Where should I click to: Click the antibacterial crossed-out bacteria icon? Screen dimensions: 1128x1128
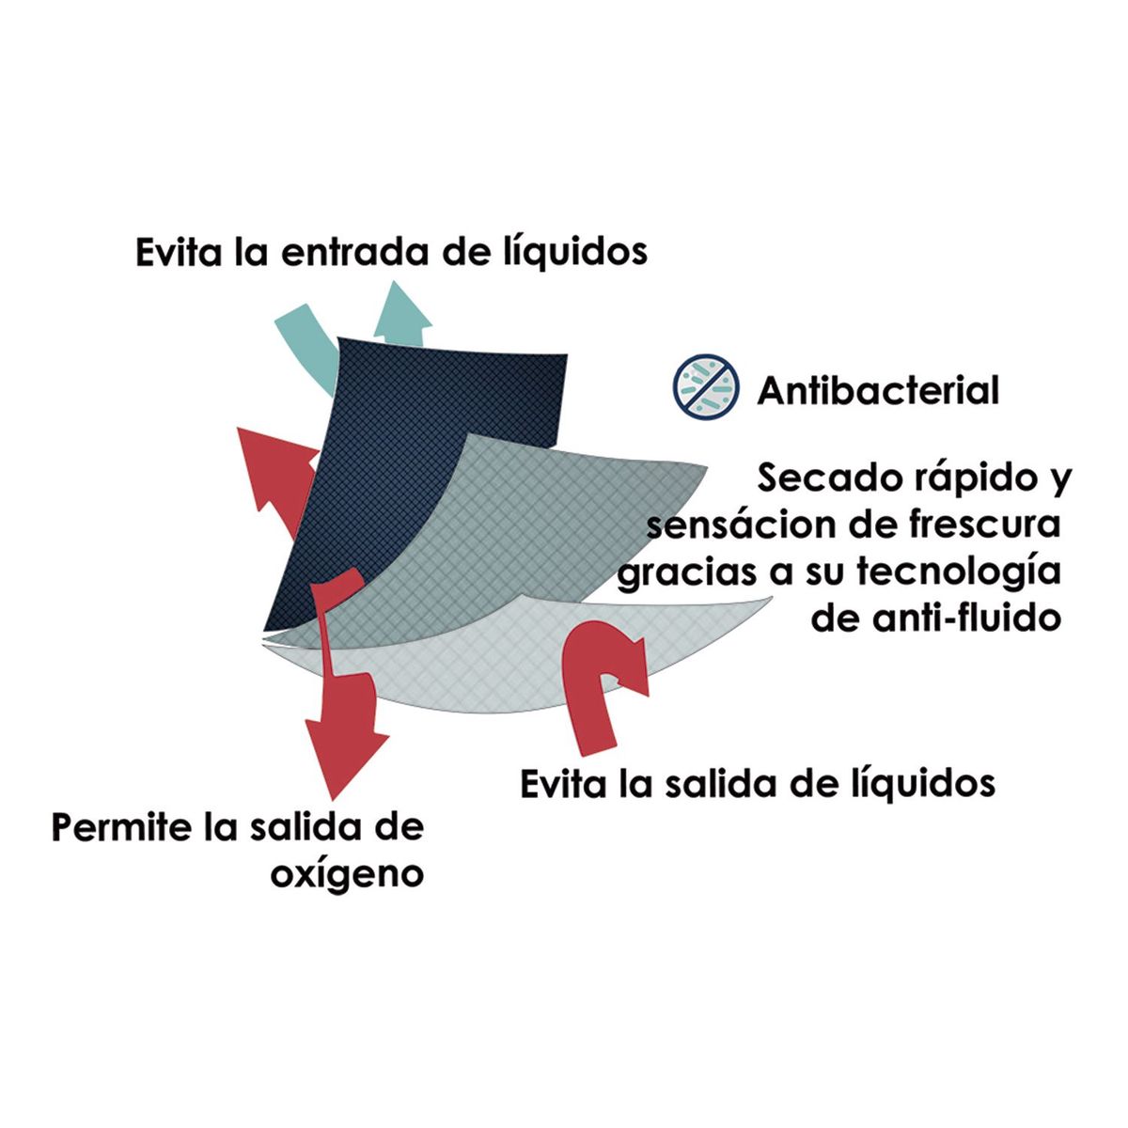pos(706,386)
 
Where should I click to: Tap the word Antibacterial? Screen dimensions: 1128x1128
pos(878,390)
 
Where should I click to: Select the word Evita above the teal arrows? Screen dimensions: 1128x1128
pos(179,252)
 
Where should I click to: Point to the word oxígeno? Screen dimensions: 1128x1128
pos(347,874)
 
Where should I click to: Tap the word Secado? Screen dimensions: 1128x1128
pos(826,478)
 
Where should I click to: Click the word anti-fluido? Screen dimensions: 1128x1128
pos(966,618)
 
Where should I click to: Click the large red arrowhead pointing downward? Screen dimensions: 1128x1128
pos(345,755)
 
